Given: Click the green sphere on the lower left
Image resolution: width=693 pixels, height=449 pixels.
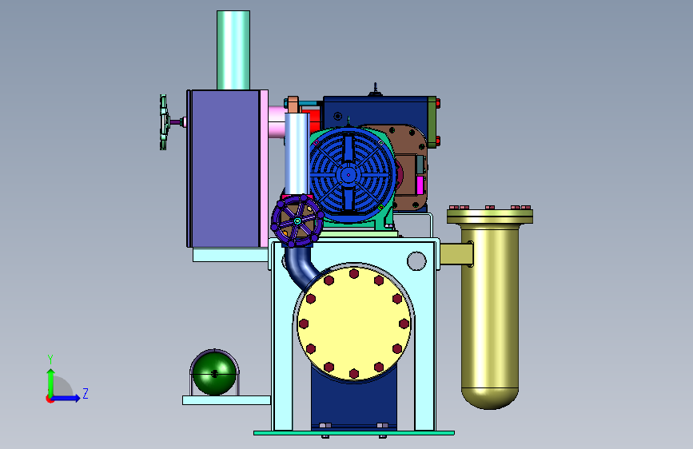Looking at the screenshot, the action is [214, 373].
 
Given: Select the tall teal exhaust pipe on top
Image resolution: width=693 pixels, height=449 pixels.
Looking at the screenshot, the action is [233, 50].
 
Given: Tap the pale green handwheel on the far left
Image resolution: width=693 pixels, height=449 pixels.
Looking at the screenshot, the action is [164, 122].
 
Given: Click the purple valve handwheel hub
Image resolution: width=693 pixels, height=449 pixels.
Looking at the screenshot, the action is [297, 221].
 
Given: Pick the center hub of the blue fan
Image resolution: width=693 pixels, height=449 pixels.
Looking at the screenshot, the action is [349, 175].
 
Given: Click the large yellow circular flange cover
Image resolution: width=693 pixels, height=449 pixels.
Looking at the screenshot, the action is [353, 324].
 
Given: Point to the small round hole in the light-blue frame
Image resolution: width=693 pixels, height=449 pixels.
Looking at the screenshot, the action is [416, 260].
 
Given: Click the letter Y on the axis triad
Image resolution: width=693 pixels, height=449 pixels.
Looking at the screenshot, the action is [50, 360].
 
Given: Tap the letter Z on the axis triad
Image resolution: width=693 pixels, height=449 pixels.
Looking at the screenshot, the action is [86, 393].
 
